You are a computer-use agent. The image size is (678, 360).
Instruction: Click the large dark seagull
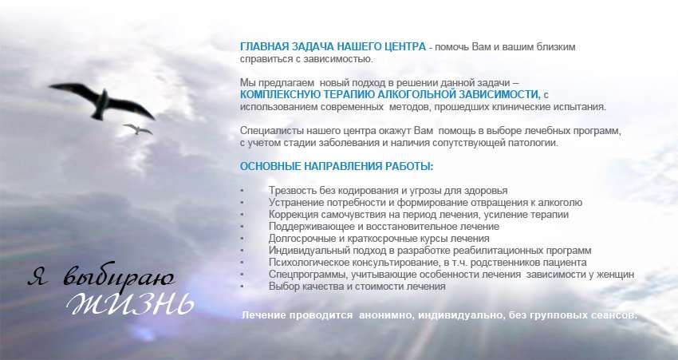click(x=102, y=102)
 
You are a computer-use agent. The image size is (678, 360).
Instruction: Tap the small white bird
click(x=137, y=129)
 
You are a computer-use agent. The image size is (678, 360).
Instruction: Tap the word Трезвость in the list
click(x=292, y=191)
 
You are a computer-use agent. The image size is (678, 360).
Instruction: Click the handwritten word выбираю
click(x=119, y=275)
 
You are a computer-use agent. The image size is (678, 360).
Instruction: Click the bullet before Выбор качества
click(x=242, y=287)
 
